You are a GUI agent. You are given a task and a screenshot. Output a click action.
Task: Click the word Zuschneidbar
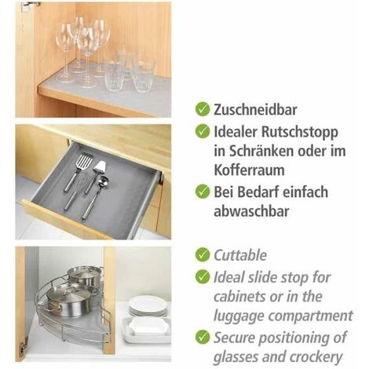pos(255,110)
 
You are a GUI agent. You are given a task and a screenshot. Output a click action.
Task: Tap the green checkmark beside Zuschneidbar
pos(203,109)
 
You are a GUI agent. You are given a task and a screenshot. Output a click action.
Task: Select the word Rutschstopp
pos(300,133)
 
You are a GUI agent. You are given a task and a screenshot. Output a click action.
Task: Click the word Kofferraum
pos(249,170)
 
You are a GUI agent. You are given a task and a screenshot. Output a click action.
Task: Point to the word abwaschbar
pos(251,211)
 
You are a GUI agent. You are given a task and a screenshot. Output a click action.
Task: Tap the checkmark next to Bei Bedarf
pos(203,192)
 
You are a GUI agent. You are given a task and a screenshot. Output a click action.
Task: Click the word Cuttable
pos(240,255)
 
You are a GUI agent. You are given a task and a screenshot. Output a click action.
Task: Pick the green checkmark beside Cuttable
pos(203,254)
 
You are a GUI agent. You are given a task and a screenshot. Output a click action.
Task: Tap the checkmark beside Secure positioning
pos(203,337)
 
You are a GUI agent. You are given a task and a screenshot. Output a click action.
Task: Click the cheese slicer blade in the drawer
pos(100,166)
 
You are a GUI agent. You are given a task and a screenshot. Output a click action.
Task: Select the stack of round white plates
pos(148,306)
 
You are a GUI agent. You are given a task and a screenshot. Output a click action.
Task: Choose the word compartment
pos(311,316)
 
